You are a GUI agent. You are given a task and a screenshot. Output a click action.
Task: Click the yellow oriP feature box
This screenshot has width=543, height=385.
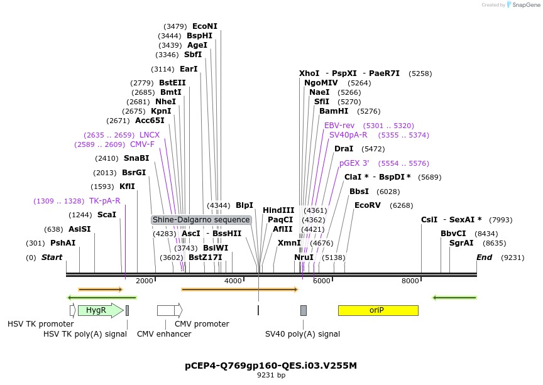point(378,310)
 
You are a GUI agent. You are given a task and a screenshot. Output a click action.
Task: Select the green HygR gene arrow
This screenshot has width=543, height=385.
point(99,310)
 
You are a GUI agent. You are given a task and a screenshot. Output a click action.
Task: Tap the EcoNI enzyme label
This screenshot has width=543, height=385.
point(205,26)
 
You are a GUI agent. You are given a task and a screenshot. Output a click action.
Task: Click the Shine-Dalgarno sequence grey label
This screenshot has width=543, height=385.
point(201,220)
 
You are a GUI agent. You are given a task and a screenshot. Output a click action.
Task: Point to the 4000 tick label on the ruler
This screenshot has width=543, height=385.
point(233,281)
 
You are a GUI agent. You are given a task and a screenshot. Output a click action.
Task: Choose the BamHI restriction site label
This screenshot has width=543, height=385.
point(334,111)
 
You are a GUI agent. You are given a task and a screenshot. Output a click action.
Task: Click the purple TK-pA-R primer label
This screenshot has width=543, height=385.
point(104,201)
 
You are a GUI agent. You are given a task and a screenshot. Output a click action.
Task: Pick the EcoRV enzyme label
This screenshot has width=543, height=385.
point(367,205)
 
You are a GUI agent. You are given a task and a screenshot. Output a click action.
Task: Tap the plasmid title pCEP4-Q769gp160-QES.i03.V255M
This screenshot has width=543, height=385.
point(271,365)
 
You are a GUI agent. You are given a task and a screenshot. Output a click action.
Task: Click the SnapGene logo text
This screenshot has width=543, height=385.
point(525,5)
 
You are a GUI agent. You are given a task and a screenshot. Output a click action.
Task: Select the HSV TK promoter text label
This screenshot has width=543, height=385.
point(41,324)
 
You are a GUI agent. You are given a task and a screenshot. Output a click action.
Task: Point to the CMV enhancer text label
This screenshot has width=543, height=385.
point(164,334)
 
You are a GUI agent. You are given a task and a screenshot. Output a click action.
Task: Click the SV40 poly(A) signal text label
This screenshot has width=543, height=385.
point(302,334)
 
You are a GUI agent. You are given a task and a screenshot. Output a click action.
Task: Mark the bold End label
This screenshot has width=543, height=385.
point(484,258)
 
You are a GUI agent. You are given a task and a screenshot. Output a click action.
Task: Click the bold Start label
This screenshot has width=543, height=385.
point(52,258)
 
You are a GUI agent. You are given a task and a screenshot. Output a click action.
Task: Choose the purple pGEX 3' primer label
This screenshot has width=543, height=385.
point(354,163)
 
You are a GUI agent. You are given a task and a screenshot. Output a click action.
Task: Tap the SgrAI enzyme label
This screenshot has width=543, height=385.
point(461,243)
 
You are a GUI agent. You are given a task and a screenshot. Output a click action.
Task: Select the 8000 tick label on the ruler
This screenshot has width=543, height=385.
point(410,281)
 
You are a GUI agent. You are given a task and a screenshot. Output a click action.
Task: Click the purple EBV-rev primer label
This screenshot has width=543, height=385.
point(339,126)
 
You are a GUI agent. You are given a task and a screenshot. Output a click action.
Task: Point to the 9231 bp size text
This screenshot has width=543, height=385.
point(271,376)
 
